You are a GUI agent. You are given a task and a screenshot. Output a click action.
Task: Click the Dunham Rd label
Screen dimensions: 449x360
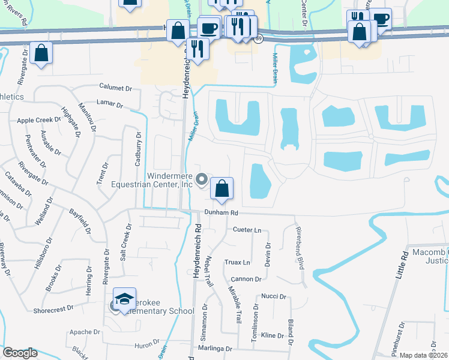[x=221, y=212]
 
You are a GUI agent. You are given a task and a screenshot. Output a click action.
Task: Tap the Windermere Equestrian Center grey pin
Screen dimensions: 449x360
[x=202, y=179]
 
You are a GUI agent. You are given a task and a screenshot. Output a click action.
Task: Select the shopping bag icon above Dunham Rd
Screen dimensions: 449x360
[x=222, y=189]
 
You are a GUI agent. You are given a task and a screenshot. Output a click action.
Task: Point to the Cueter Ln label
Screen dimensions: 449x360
[x=247, y=230]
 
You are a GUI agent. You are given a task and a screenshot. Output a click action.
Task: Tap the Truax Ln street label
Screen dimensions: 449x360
[x=238, y=262]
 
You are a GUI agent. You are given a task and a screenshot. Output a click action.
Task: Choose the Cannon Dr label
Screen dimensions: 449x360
[x=247, y=279]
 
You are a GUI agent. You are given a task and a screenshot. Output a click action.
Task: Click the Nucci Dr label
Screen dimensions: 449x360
[x=272, y=296]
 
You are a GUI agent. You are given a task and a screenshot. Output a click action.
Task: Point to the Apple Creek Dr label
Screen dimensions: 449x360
[x=38, y=120]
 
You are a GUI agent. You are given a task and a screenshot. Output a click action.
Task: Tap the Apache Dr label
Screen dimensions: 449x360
[x=85, y=332]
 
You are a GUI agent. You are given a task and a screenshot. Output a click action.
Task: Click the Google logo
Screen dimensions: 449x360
[x=20, y=353]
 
